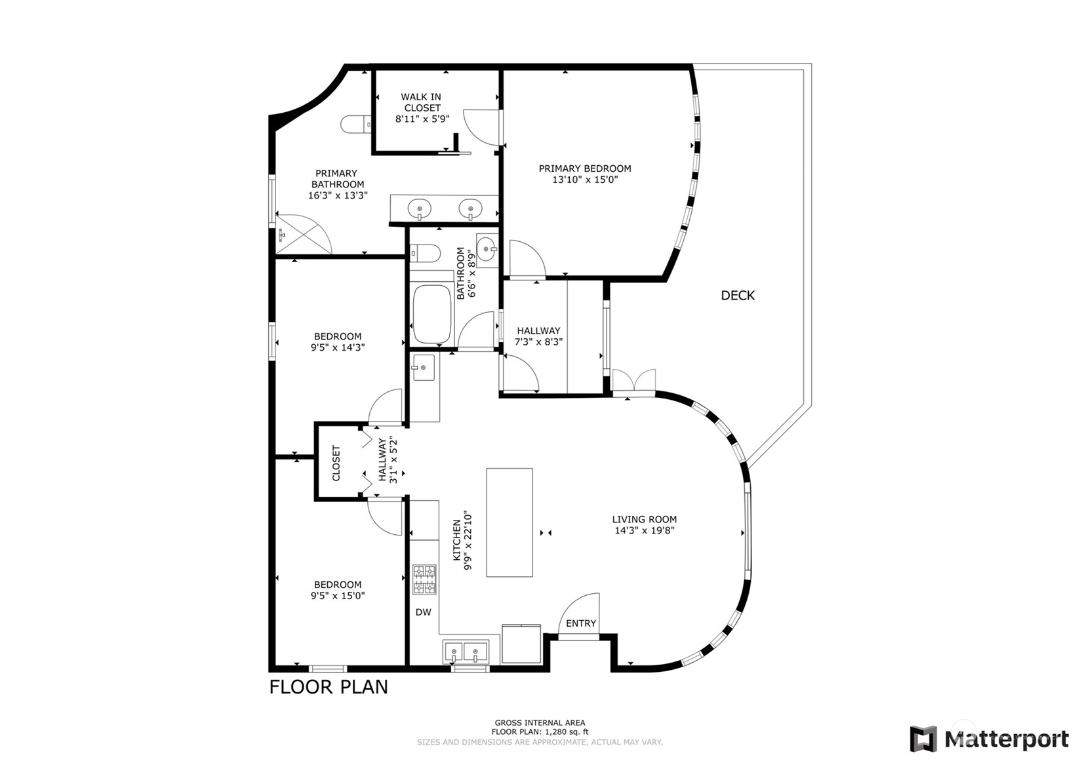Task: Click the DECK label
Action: point(738,296)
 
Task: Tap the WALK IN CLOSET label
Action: point(422,102)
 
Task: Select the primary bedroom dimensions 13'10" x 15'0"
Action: point(585,180)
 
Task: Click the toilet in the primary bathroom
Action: point(356,125)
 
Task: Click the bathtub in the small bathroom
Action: point(432,314)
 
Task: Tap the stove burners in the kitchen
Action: point(424,579)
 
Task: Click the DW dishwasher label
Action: point(424,612)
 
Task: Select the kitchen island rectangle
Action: point(509,522)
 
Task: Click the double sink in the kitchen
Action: point(466,651)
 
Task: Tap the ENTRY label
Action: point(581,623)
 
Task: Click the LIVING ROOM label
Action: point(645,519)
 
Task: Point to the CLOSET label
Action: point(336,463)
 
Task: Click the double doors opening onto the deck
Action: point(633,381)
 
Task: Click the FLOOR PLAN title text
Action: point(329,687)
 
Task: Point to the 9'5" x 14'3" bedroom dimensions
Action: point(338,347)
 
